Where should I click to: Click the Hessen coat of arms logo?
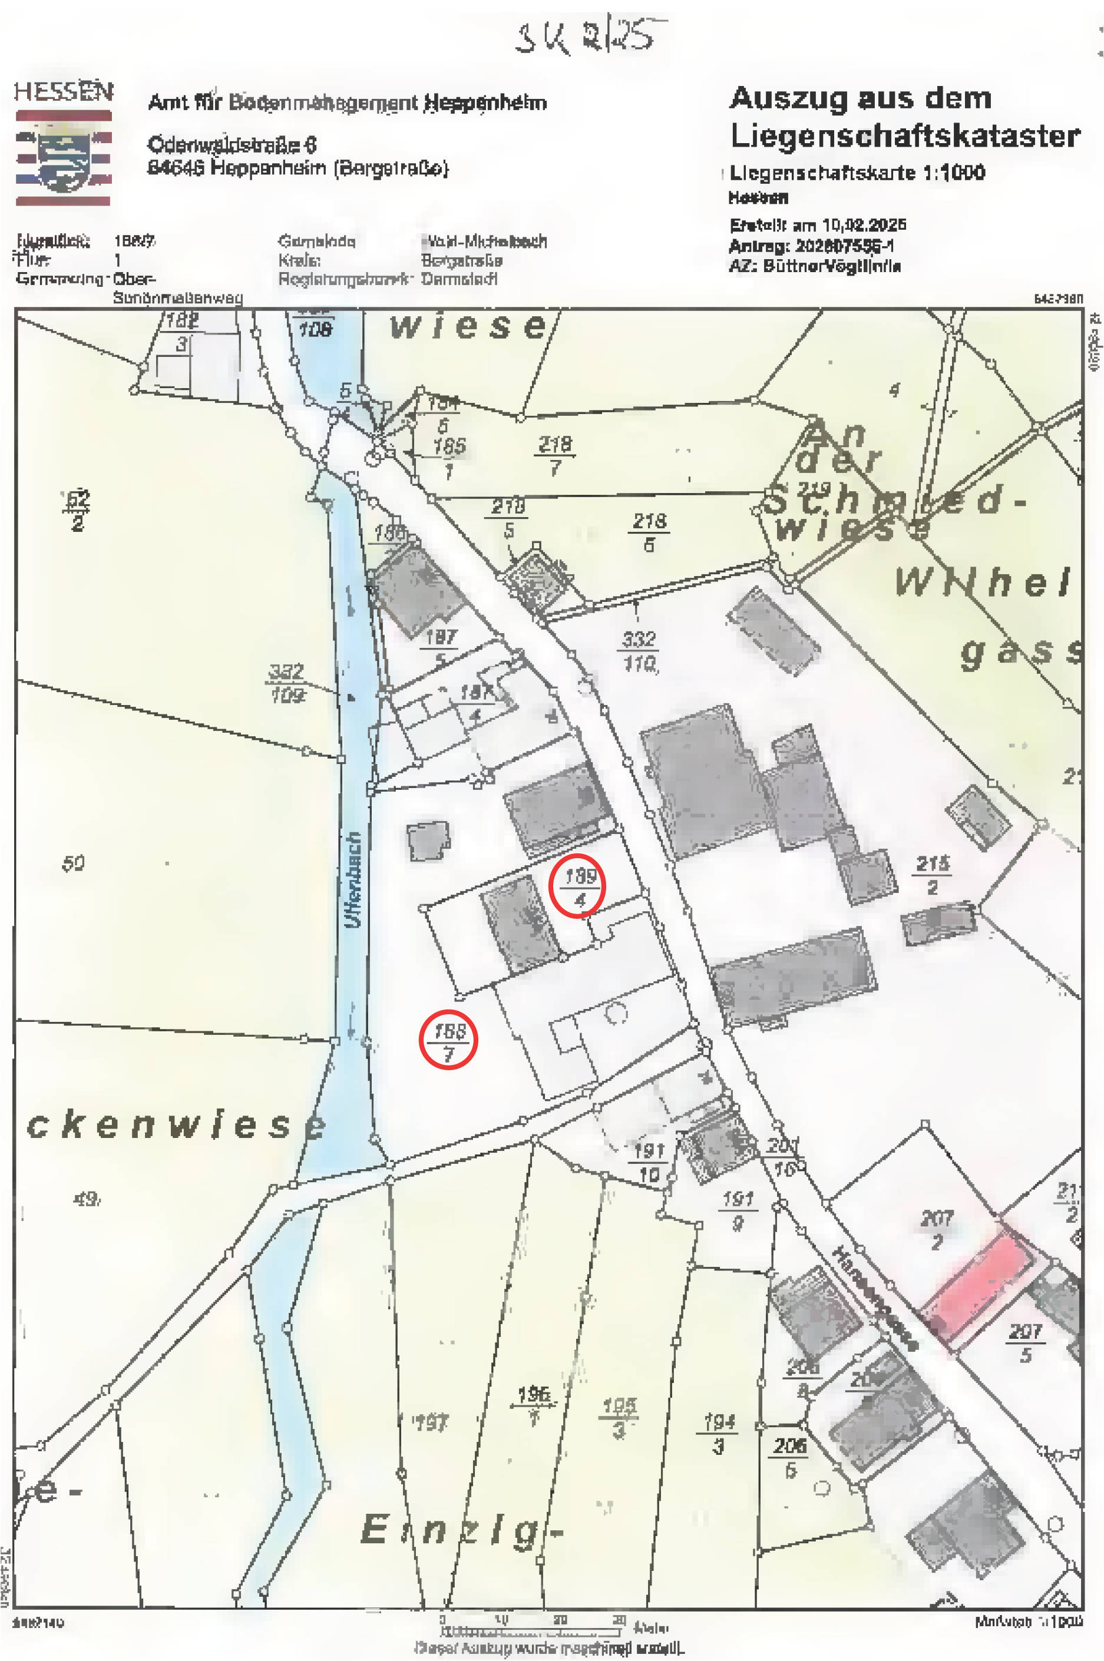click(64, 156)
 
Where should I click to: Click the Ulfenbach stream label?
click(353, 880)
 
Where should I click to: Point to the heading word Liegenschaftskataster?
click(905, 136)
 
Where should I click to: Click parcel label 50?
click(73, 863)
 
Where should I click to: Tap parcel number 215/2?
click(933, 875)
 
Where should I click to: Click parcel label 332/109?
click(286, 683)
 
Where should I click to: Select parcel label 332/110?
click(639, 651)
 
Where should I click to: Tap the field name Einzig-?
click(461, 1531)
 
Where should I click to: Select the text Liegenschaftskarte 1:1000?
click(857, 173)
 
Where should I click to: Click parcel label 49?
click(86, 1199)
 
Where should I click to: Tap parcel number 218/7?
click(555, 455)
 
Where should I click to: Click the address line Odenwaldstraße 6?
click(232, 144)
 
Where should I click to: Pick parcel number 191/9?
click(738, 1210)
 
